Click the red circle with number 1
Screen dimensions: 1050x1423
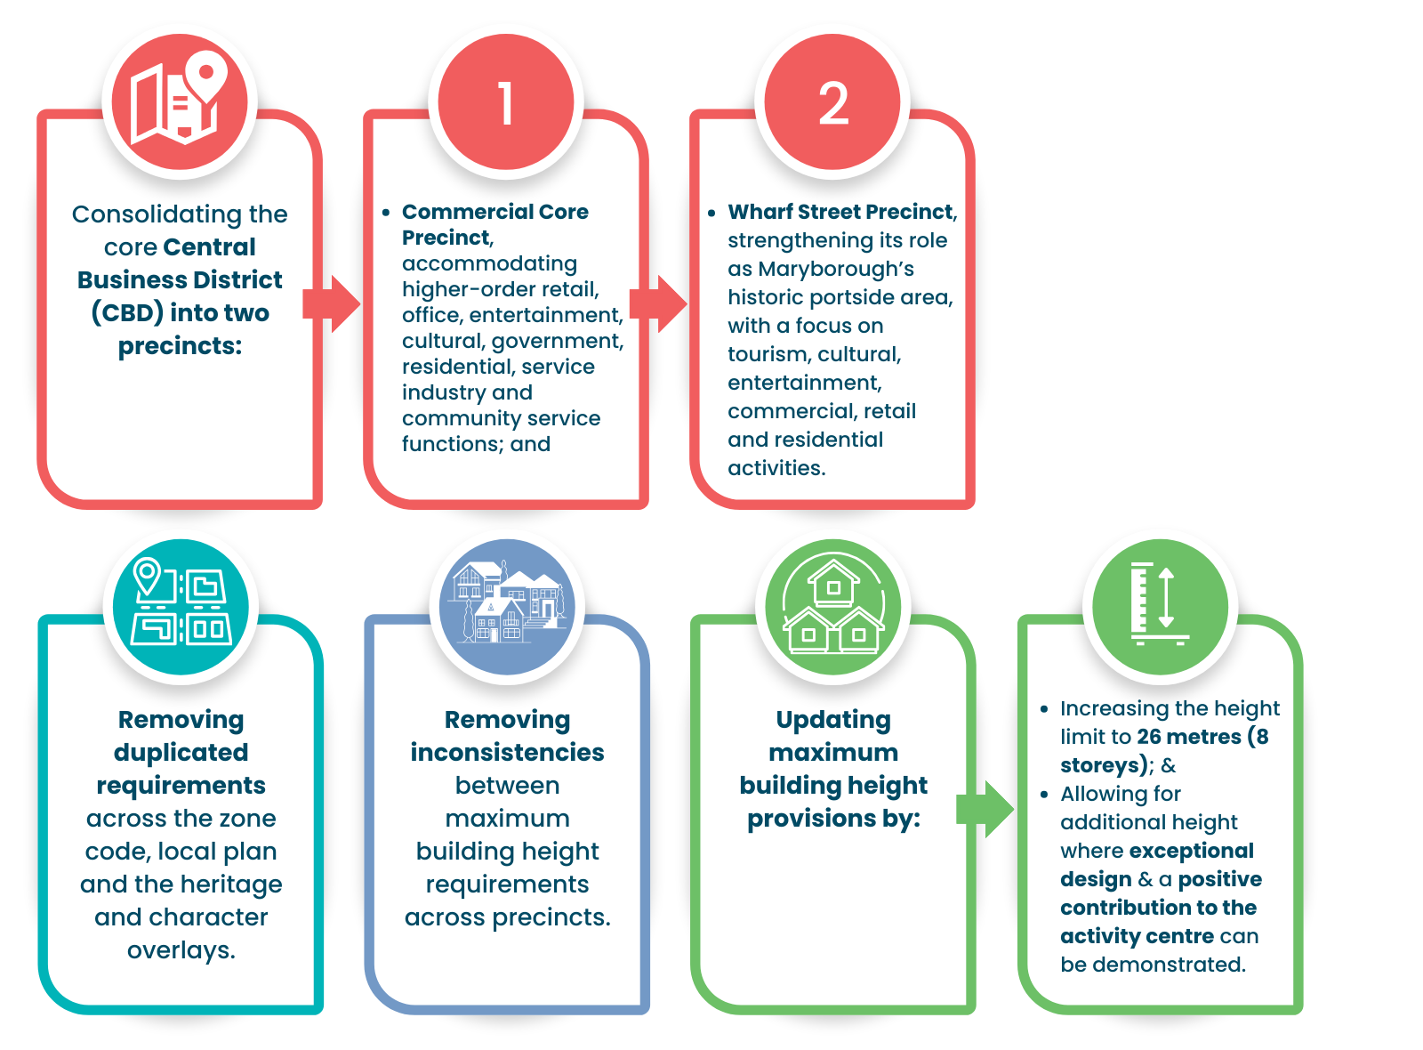coord(506,101)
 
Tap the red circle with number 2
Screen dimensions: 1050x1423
coord(832,101)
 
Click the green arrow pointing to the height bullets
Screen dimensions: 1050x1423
coord(985,809)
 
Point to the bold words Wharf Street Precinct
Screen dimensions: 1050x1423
coord(840,212)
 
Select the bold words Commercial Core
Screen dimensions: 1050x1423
coord(494,212)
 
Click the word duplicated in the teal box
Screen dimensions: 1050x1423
coord(181,752)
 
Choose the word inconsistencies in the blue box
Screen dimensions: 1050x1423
coord(507,752)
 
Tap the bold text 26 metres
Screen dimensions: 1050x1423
coord(1188,737)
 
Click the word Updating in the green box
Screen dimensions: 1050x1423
coord(833,719)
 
